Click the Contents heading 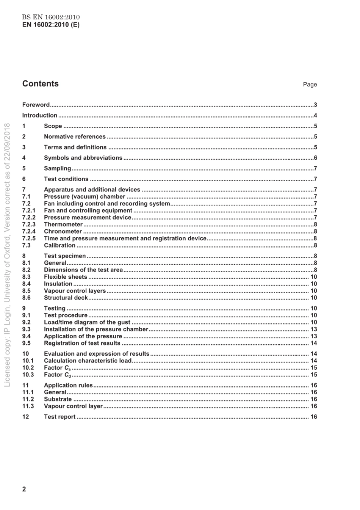41,84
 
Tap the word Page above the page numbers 310,85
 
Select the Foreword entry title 36,105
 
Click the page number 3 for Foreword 315,105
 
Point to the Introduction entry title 40,116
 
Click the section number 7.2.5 29,239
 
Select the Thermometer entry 63,224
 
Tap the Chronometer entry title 63,232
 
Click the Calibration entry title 59,245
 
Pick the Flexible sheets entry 66,277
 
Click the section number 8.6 27,298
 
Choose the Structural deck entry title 66,298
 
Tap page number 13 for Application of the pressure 313,336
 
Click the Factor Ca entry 57,368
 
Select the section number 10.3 28,375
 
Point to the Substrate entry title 58,399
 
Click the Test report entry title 60,417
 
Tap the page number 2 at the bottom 24,489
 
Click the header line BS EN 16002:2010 51,17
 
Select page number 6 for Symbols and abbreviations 315,158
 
